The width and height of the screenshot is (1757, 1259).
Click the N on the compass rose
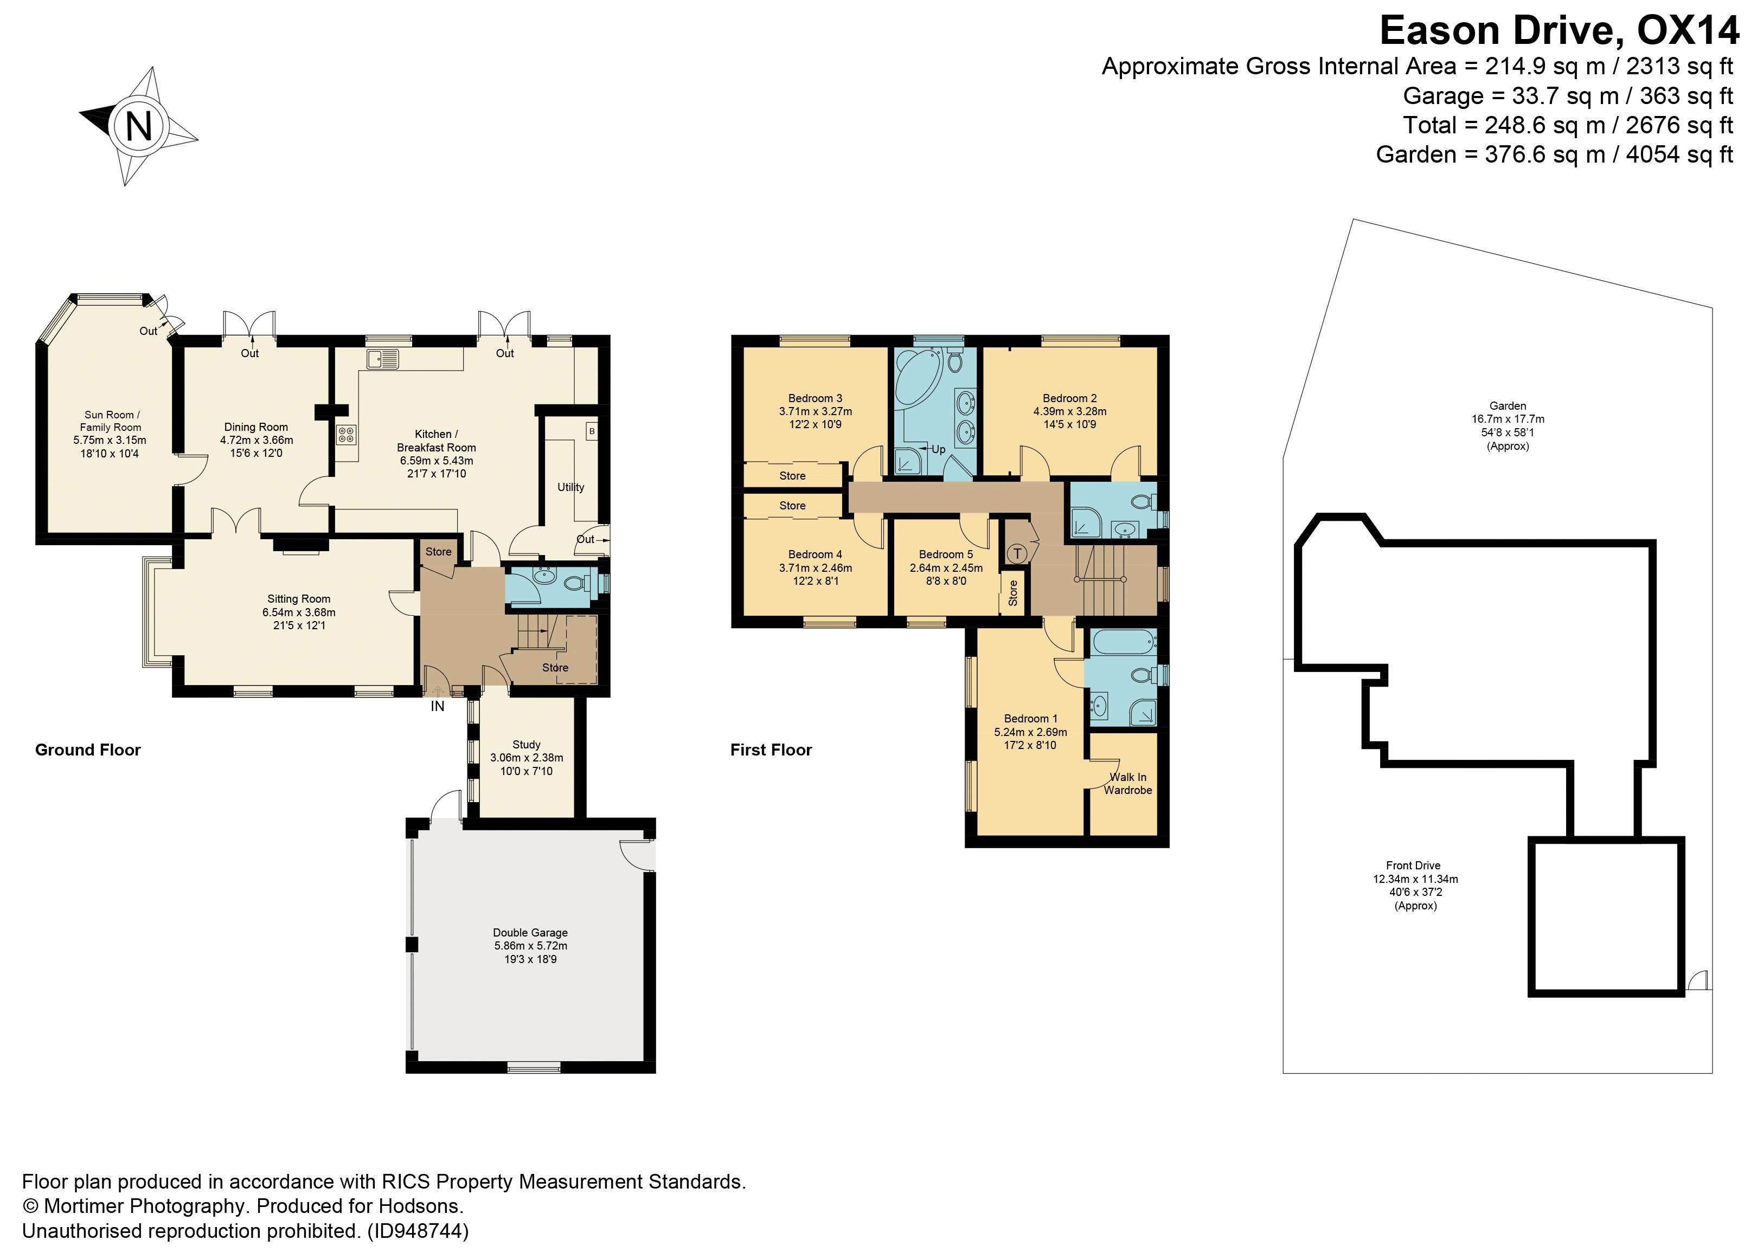pos(139,125)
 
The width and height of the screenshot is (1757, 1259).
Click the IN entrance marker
pos(438,706)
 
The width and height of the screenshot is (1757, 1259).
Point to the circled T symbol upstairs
pos(1017,553)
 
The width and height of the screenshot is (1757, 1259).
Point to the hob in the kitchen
pos(345,435)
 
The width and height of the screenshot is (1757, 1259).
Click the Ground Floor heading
pos(87,750)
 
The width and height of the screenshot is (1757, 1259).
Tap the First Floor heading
pos(771,750)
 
